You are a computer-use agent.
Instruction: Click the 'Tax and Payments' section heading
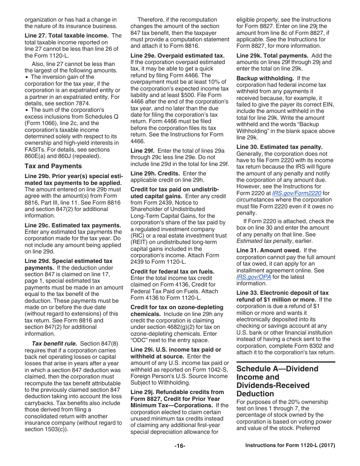(53, 166)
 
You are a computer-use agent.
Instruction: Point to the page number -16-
(180, 446)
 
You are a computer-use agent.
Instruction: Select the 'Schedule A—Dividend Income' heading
(277, 373)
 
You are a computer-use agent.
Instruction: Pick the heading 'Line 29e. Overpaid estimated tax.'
(177, 55)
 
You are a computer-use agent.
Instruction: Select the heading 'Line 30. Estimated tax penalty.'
(280, 147)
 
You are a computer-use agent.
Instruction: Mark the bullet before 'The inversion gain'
(27, 77)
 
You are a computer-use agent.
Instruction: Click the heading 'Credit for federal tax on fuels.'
(172, 272)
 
